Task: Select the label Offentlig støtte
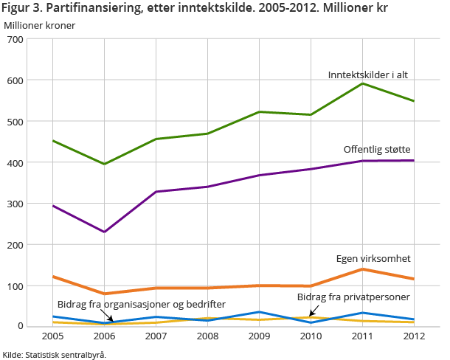pos(377,149)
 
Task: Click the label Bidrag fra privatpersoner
pos(353,297)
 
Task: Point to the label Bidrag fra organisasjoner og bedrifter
pos(142,304)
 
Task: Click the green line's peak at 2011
pos(362,83)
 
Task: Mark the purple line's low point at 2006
pos(105,232)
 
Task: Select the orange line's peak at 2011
pos(362,269)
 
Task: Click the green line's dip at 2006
pos(105,164)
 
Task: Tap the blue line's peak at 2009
pos(259,312)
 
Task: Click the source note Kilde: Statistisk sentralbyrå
pos(55,354)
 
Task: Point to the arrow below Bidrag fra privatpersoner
pos(313,311)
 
